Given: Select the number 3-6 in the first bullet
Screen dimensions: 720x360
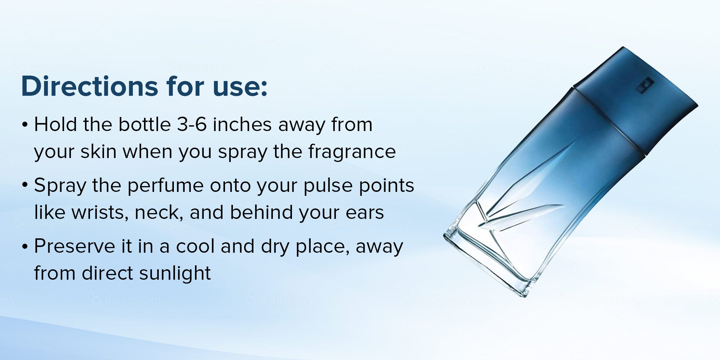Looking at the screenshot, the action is [x=192, y=125].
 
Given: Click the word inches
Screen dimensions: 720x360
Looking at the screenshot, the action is [x=242, y=125].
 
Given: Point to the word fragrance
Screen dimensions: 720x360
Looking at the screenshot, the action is [x=352, y=152].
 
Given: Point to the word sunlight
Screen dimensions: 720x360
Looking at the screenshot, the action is [x=175, y=274].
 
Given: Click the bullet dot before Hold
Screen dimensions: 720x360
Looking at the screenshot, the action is [x=24, y=125].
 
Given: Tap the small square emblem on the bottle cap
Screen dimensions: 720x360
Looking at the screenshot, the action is [x=645, y=86].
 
